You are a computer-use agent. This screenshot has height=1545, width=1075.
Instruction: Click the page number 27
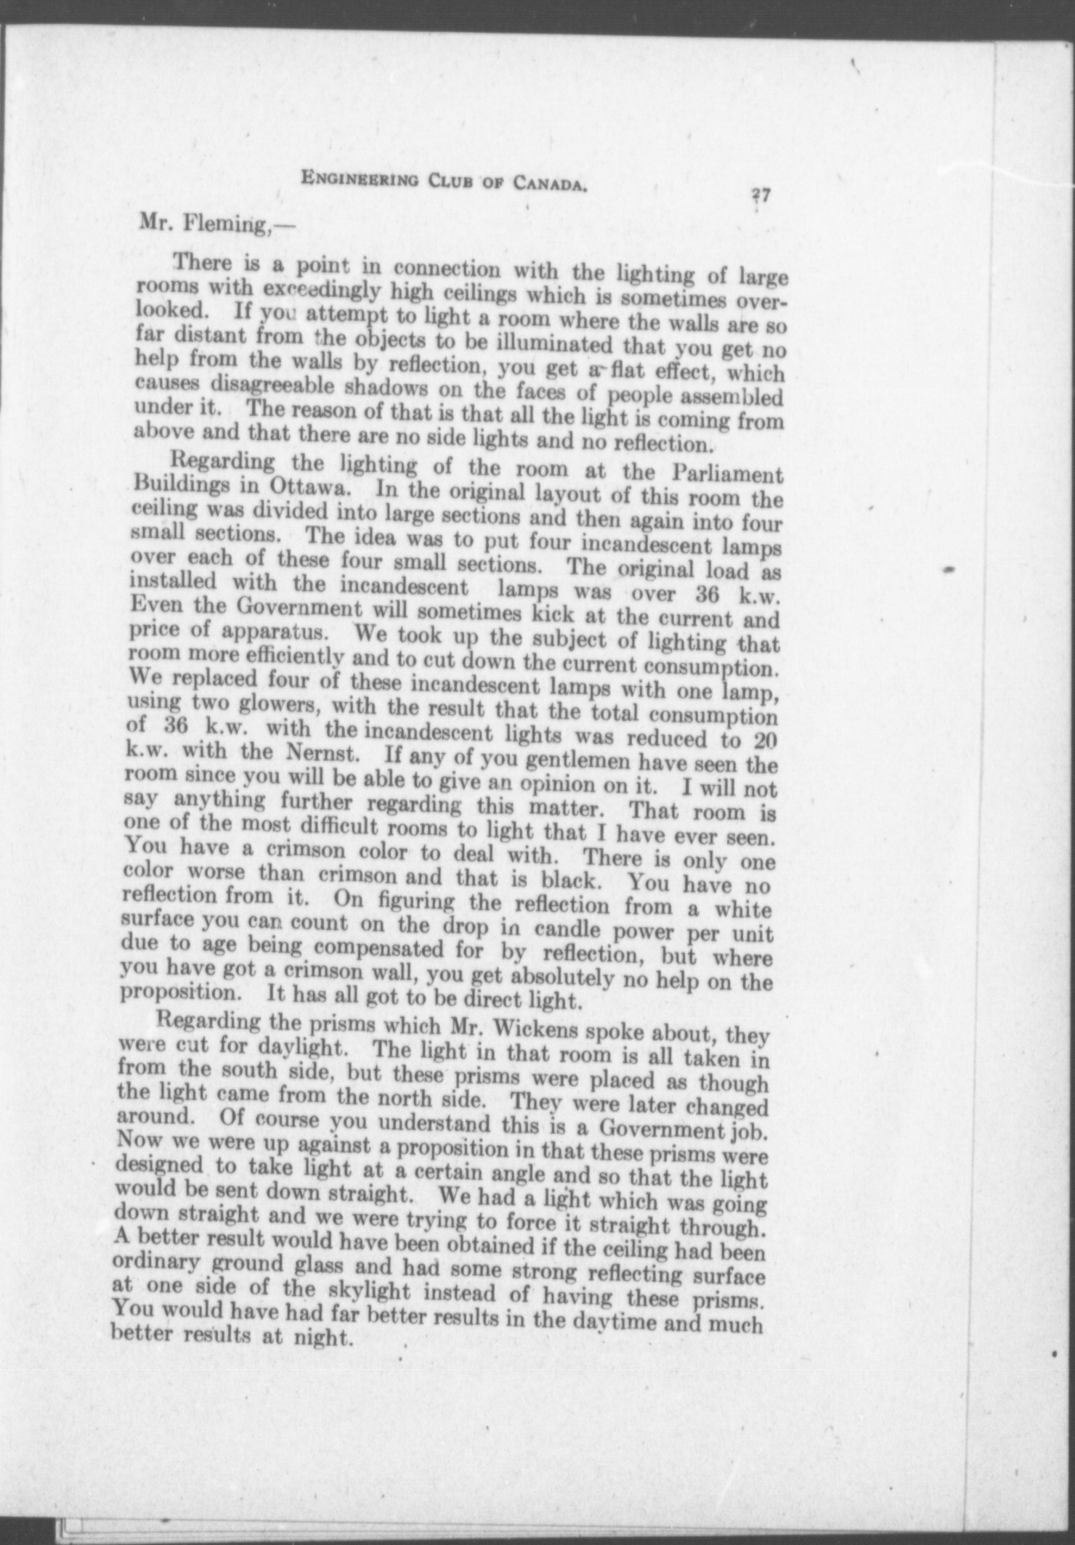pyautogui.click(x=760, y=195)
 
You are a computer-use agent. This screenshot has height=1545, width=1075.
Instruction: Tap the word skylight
pyautogui.click(x=362, y=1292)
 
